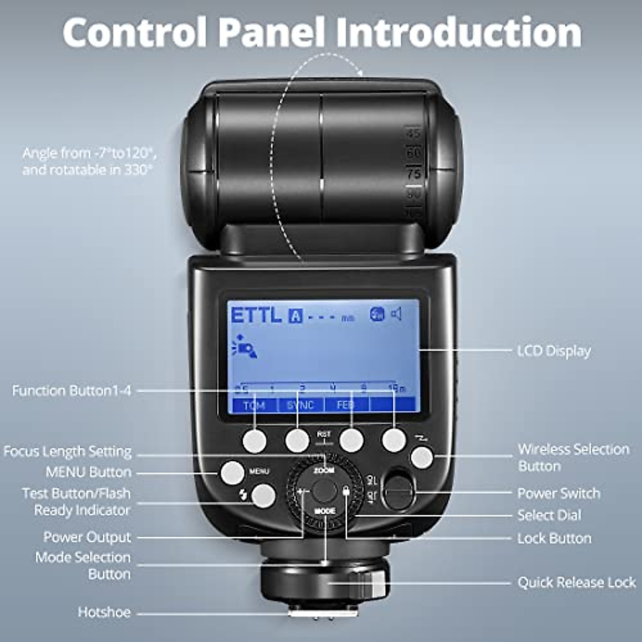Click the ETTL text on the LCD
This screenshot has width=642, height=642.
(x=256, y=315)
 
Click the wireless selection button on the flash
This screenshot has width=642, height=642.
(x=422, y=457)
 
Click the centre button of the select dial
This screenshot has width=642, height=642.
(x=324, y=490)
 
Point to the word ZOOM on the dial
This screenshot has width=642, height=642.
(x=324, y=470)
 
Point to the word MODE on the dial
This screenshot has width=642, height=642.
(x=325, y=511)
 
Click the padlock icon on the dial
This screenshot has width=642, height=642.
(x=346, y=491)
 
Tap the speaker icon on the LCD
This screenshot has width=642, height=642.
(x=396, y=314)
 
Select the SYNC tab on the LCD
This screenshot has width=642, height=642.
(x=300, y=405)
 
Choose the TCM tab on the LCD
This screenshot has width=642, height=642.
(x=255, y=405)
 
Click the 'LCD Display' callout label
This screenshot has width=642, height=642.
(x=554, y=351)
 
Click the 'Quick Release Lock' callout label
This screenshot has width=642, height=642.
(x=576, y=582)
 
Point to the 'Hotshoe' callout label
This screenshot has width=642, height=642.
(x=104, y=612)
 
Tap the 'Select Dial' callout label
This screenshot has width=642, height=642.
(x=549, y=515)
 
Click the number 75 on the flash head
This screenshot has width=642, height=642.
(x=414, y=173)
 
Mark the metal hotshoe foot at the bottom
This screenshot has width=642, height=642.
(x=324, y=613)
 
